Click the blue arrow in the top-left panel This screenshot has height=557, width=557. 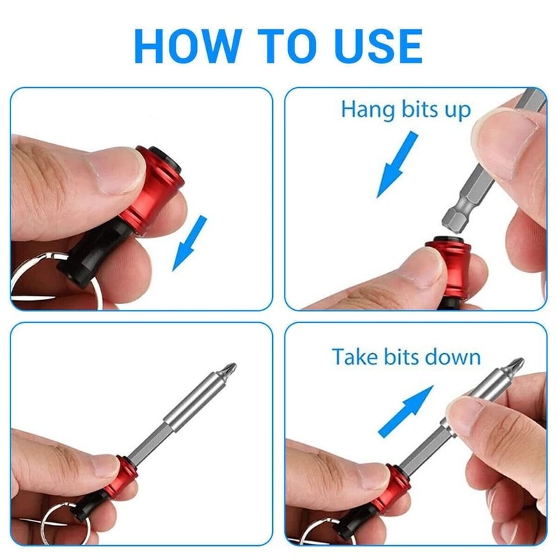[189, 242]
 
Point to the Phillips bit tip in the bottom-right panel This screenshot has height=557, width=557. [514, 366]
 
